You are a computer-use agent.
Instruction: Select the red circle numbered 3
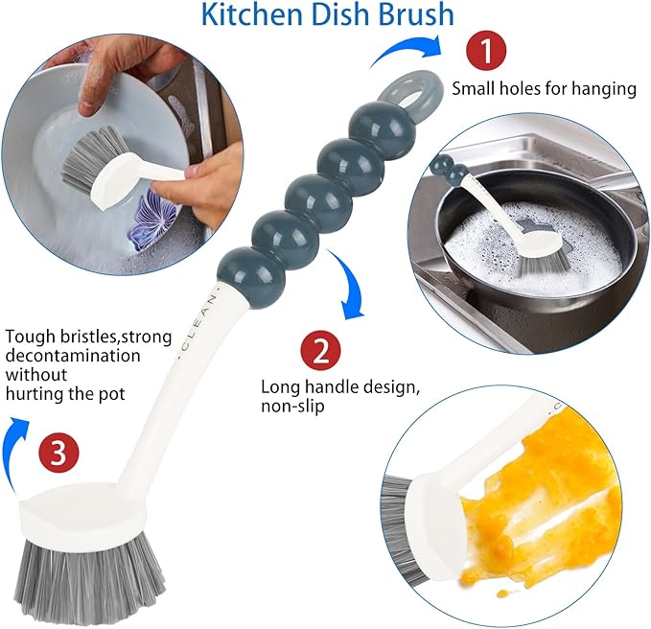coord(58,454)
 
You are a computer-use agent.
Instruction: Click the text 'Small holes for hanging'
coord(544,88)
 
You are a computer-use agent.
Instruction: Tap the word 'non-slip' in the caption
coord(291,406)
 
